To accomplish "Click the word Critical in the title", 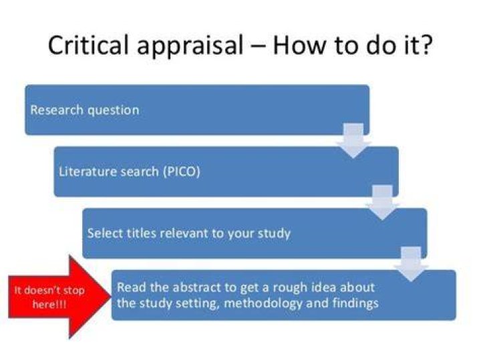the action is (x=88, y=45).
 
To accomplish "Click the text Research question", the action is (x=85, y=110).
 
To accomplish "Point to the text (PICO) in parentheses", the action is (x=182, y=172).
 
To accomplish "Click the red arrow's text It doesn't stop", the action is (x=49, y=290).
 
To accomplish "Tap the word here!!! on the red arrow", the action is (x=49, y=305).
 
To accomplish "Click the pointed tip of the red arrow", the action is (x=110, y=297).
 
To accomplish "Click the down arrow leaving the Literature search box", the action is (x=383, y=202).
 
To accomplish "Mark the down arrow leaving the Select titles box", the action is (x=411, y=264).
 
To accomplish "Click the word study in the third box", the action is (x=274, y=234).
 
